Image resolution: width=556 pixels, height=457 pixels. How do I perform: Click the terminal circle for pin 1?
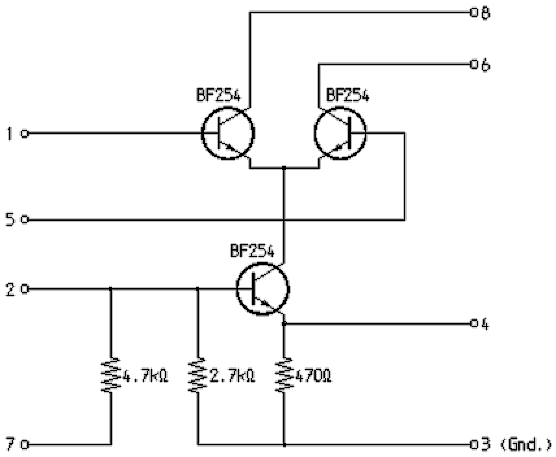coord(25,134)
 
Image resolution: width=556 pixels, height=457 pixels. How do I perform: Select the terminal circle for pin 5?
coord(25,220)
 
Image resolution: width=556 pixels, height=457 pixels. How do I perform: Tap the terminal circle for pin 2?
coord(25,289)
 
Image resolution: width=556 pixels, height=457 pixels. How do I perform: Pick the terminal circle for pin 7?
coord(25,444)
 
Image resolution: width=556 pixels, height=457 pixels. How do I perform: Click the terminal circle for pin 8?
coord(473,13)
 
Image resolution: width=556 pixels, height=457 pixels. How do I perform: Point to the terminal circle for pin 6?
coord(473,64)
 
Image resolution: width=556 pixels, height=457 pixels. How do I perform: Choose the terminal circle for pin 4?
coord(473,323)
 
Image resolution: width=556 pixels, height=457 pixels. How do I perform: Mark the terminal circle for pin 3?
coord(473,444)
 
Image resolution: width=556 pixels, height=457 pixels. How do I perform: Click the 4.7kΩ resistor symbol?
coord(111,375)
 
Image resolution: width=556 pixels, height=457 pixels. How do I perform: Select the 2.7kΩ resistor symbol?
coord(197,375)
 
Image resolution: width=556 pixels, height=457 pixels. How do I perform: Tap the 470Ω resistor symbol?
coord(284,375)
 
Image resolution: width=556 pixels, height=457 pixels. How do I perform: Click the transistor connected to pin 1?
coord(228,134)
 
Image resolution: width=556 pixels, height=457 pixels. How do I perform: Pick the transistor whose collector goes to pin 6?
coord(340,134)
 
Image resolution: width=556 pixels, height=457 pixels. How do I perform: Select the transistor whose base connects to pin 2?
coord(262,289)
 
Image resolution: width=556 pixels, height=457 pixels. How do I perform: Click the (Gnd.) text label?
coord(525,444)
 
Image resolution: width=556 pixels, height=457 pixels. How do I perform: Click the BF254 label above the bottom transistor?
coord(252,251)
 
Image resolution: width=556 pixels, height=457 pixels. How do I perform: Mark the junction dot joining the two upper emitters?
coord(284,168)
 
